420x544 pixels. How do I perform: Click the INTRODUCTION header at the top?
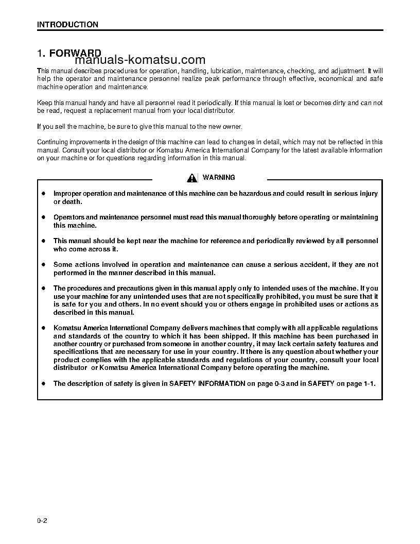pyautogui.click(x=67, y=24)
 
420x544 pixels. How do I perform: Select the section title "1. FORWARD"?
pyautogui.click(x=69, y=54)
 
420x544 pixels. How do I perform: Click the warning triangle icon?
pyautogui.click(x=192, y=178)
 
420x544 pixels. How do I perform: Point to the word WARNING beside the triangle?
pyautogui.click(x=219, y=177)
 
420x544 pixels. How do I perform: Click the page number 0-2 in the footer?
pyautogui.click(x=42, y=521)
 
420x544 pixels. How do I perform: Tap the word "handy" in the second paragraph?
pyautogui.click(x=95, y=103)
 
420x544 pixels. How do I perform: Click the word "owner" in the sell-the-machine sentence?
pyautogui.click(x=231, y=127)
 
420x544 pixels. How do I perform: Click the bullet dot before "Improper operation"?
pyautogui.click(x=44, y=194)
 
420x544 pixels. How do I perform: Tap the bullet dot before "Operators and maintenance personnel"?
pyautogui.click(x=44, y=217)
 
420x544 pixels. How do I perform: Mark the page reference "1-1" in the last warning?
pyautogui.click(x=369, y=383)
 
